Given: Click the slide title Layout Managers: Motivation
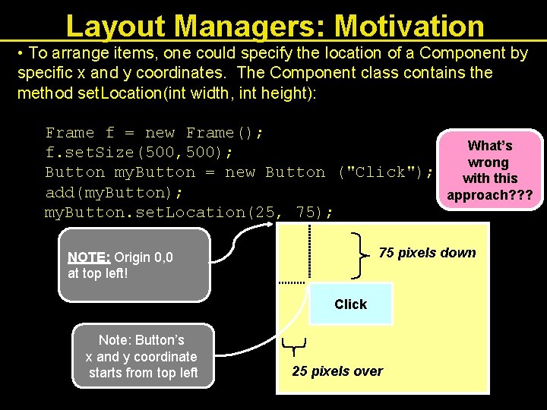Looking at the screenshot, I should point(275,25).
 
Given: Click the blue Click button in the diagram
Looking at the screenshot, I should point(351,304).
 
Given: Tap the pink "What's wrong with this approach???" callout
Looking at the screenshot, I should point(489,170).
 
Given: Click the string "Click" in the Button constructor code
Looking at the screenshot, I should point(379,172).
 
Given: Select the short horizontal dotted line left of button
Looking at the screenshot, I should point(292,282).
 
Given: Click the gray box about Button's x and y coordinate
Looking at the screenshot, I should point(143,356).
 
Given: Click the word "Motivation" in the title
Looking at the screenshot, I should point(409,25).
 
